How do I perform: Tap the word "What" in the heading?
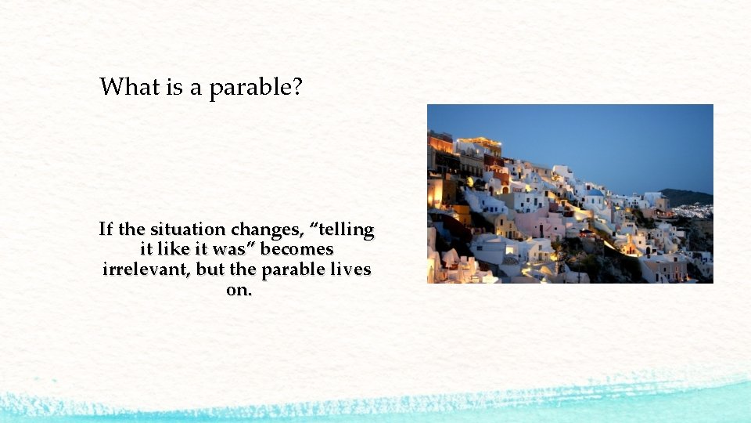coord(130,86)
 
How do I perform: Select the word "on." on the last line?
coord(238,290)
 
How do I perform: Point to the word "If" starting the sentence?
coord(106,230)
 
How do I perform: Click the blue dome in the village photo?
coord(596,193)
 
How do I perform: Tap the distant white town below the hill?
coord(694,210)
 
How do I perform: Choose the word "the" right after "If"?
coord(131,230)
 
